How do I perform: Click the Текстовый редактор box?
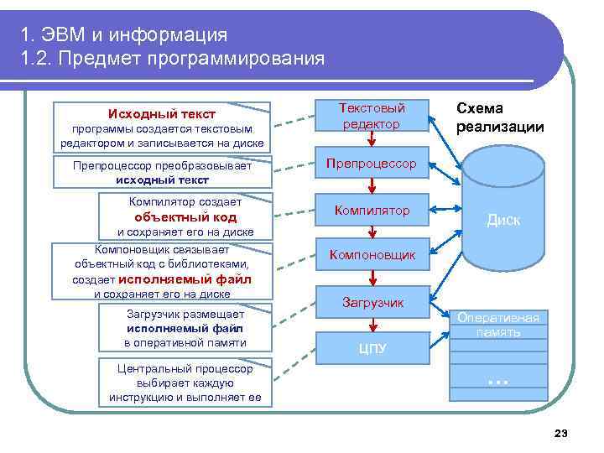(371, 117)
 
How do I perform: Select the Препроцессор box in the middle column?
(371, 164)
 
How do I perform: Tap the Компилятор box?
(371, 211)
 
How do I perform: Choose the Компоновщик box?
(371, 254)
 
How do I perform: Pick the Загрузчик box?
(372, 301)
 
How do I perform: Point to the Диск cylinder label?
(503, 220)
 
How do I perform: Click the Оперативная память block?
(499, 325)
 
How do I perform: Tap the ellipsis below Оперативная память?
(498, 380)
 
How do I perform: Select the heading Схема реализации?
(499, 118)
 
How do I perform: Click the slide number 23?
(561, 433)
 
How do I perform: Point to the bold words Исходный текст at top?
(161, 114)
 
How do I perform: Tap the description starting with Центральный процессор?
(185, 382)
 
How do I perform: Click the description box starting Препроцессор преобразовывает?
(163, 173)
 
